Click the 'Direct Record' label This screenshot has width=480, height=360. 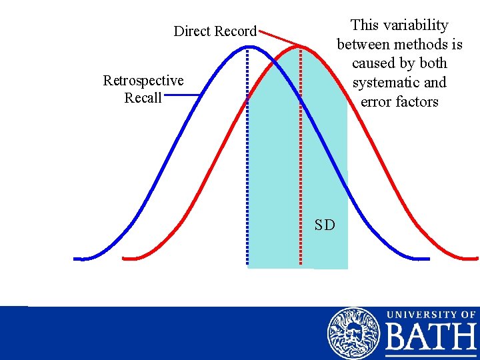click(x=215, y=31)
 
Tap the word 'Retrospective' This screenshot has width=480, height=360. click(x=143, y=81)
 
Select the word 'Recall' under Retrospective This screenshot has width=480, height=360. click(x=143, y=98)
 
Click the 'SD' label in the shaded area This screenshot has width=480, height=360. click(x=325, y=225)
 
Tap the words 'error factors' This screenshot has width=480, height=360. click(x=399, y=102)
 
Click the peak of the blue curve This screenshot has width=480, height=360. click(x=248, y=47)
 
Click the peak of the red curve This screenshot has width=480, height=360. click(x=301, y=47)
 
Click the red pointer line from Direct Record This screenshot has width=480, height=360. click(x=280, y=38)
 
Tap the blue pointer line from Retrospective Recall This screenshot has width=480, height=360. click(x=182, y=95)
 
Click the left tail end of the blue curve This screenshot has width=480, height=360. click(x=78, y=258)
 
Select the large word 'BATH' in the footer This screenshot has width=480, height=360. click(x=431, y=339)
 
